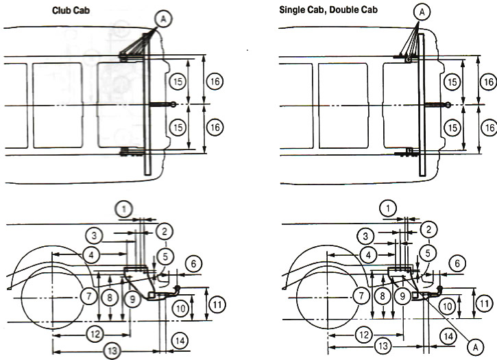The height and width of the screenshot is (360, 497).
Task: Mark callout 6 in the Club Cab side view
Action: pyautogui.click(x=194, y=263)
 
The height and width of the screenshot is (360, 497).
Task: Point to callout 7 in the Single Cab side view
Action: pyautogui.click(x=359, y=297)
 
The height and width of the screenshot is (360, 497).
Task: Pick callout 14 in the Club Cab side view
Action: pyautogui.click(x=179, y=339)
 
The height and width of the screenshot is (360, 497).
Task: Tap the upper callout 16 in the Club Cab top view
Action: pyautogui.click(x=215, y=82)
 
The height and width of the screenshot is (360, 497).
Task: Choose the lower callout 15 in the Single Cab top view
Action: pyautogui.click(x=451, y=128)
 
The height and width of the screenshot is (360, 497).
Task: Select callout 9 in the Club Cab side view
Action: pyautogui.click(x=133, y=298)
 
